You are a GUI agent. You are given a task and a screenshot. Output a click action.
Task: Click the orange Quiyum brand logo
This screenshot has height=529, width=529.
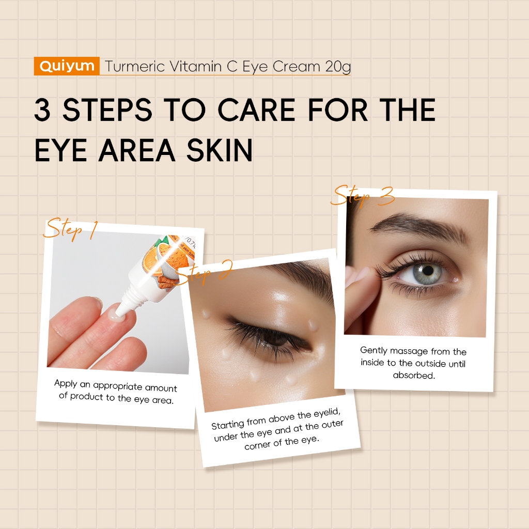67,66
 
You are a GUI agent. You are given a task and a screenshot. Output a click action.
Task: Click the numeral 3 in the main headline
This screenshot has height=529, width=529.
42,110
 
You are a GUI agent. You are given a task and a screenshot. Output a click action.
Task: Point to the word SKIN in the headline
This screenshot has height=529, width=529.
220,150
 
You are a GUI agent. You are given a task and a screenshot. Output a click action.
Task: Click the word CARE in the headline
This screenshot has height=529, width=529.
256,110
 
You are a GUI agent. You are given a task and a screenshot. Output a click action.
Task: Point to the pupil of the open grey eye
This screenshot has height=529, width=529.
428,270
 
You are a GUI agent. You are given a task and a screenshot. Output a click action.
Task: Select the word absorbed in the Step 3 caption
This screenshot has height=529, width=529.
414,375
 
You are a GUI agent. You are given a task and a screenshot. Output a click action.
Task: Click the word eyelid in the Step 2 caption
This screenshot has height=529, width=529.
327,413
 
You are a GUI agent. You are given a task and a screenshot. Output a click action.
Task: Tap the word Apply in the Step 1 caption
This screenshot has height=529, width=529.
66,383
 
